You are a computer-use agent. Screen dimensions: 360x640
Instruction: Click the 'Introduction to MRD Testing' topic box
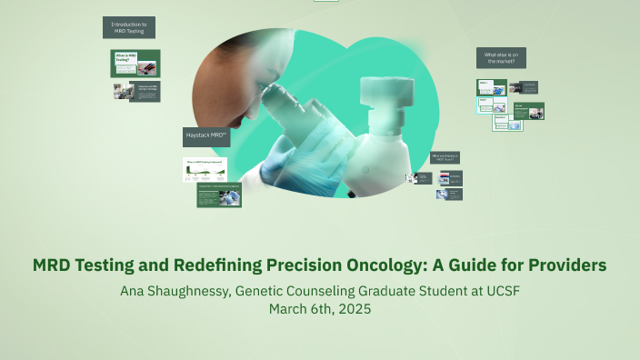[x=128, y=28]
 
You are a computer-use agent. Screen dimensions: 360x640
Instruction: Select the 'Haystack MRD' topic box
[x=206, y=137]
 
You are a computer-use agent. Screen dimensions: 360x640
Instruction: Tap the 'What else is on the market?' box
[x=501, y=58]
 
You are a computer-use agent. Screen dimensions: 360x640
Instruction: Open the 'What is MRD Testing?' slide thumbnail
[x=135, y=64]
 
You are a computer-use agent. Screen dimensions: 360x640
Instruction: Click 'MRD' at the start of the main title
[x=53, y=265]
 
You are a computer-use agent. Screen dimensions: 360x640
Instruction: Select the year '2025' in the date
[x=354, y=309]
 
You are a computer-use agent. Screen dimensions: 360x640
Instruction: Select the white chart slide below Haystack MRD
[x=205, y=169]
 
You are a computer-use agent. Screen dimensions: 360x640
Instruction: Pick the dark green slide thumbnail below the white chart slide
[x=219, y=195]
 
